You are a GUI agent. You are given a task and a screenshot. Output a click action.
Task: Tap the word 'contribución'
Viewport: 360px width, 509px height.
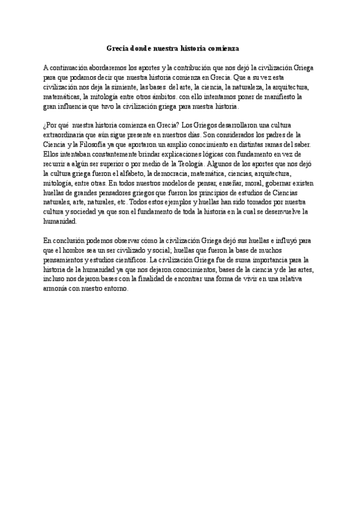coord(186,68)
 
